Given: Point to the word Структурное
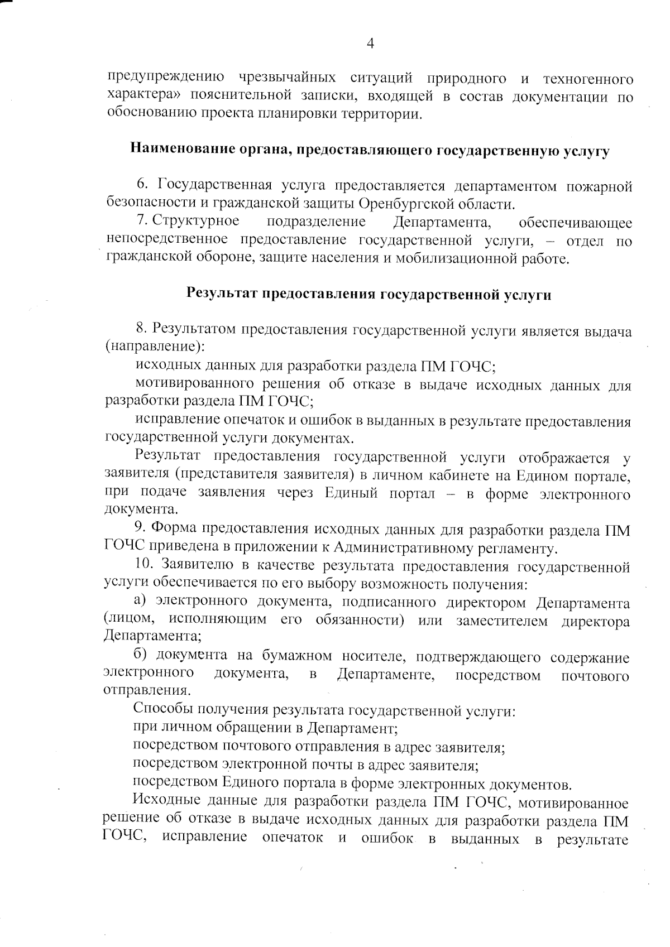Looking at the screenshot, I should click(x=196, y=222).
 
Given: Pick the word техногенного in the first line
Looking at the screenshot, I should click(x=587, y=78).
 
